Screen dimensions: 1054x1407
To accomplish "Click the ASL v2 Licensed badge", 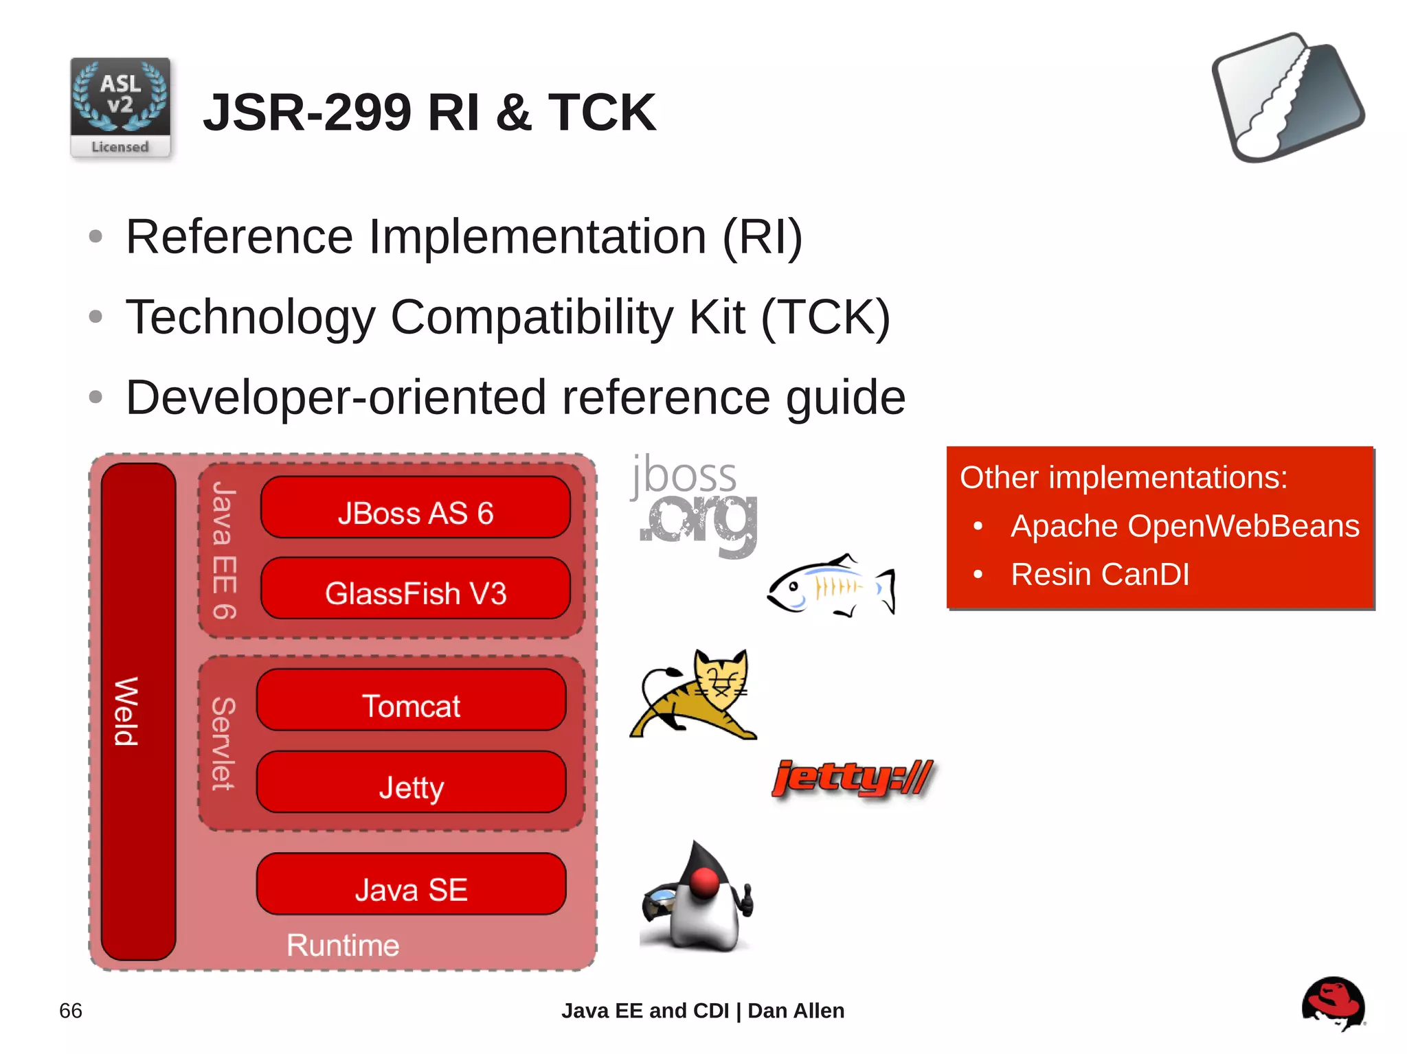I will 120,108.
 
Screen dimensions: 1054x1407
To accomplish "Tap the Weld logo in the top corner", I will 1287,98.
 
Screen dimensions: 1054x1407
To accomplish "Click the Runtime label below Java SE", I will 343,946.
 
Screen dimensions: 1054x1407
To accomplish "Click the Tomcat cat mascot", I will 694,694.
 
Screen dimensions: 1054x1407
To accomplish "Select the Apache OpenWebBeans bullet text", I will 1184,527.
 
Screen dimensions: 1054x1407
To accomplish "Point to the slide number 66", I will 71,1011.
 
